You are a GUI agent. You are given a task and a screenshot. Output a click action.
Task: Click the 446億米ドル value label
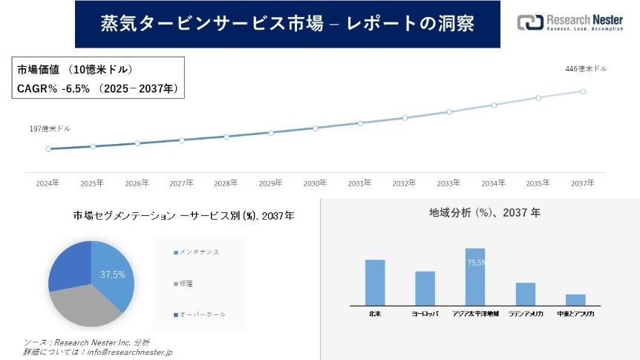[586, 69]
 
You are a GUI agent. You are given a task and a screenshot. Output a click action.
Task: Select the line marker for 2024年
[48, 148]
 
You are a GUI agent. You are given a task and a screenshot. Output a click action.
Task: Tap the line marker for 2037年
[583, 91]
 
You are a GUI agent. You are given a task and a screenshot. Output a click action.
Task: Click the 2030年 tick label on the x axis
[315, 183]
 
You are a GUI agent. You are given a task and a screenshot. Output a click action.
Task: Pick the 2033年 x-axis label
[448, 183]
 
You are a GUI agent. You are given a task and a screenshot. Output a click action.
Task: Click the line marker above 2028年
[226, 137]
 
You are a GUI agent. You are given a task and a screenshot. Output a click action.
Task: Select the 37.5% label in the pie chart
[113, 275]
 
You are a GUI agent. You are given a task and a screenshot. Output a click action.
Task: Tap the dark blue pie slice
[69, 264]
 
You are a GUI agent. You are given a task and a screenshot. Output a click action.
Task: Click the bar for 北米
[375, 282]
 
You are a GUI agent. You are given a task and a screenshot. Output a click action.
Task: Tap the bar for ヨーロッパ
[425, 288]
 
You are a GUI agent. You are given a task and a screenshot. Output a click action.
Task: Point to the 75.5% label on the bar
[476, 263]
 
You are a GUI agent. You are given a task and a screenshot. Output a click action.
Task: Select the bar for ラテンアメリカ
[526, 293]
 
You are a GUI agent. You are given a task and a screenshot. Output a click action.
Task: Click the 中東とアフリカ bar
[575, 299]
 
